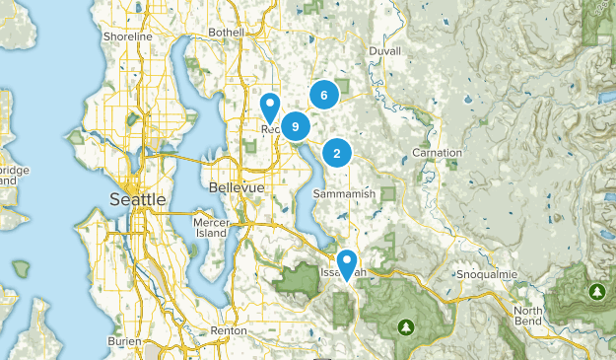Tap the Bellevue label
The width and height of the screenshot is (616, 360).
pos(237,187)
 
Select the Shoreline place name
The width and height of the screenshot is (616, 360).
pos(128,36)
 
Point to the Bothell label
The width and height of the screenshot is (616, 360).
pos(226,33)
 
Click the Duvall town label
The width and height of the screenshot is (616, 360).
pos(385,51)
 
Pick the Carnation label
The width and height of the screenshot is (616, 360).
pos(438,155)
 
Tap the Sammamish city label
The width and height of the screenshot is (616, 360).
pos(344,194)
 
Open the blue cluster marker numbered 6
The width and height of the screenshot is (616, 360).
pos(323,95)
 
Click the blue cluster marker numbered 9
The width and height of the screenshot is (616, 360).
pos(295,126)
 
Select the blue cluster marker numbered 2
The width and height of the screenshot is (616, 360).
pos(337,153)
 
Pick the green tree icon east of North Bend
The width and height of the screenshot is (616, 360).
pos(596,292)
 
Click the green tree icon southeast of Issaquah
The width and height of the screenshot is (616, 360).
pos(405,326)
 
